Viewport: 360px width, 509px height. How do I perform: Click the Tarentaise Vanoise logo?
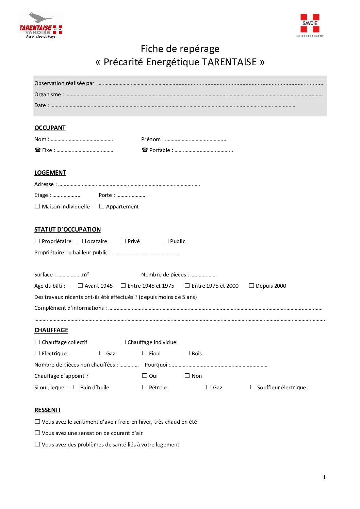pos(41,25)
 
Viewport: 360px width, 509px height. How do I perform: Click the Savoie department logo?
pos(310,25)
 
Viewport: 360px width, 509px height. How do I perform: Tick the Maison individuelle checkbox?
pos(37,206)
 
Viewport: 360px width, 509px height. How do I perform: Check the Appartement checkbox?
pos(102,206)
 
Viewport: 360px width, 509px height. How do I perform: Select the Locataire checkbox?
pos(80,241)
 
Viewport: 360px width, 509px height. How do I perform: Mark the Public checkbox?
pos(166,241)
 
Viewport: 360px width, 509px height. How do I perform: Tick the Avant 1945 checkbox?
pos(80,286)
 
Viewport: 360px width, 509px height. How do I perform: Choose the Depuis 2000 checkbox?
pos(251,286)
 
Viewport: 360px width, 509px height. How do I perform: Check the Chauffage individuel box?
pos(123,342)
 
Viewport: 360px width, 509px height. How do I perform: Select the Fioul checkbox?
pos(145,353)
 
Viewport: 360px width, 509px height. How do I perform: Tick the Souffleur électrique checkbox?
pos(253,387)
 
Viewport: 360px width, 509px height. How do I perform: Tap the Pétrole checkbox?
pos(145,387)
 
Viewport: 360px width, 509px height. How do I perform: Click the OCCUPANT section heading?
pos(50,128)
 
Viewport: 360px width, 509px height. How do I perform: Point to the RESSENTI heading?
pos(47,410)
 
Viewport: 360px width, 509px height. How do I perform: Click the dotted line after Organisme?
pos(194,95)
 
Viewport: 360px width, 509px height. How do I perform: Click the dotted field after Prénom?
pos(196,140)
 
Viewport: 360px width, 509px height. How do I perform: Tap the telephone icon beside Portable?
pos(145,150)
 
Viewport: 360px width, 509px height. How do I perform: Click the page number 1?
pos(324,477)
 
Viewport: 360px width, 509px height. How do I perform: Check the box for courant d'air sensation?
pos(37,433)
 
